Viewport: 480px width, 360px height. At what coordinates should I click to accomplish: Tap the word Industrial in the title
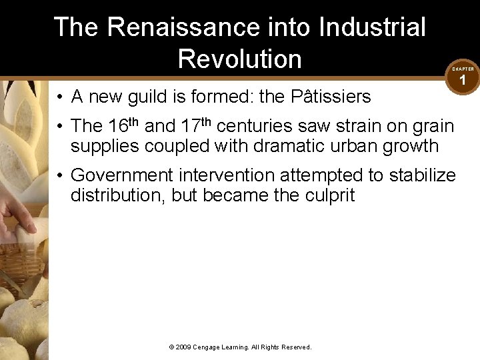pyautogui.click(x=372, y=27)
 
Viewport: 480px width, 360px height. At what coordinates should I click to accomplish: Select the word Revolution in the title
pyautogui.click(x=240, y=59)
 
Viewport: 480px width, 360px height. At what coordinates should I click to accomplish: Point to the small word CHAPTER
pyautogui.click(x=463, y=69)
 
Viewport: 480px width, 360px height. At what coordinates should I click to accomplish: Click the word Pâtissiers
pyautogui.click(x=331, y=97)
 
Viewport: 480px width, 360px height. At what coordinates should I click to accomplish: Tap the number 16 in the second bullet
pyautogui.click(x=118, y=126)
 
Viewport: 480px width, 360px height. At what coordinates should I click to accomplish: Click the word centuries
pyautogui.click(x=262, y=126)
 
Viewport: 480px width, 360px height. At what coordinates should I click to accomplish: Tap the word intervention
pyautogui.click(x=225, y=175)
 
